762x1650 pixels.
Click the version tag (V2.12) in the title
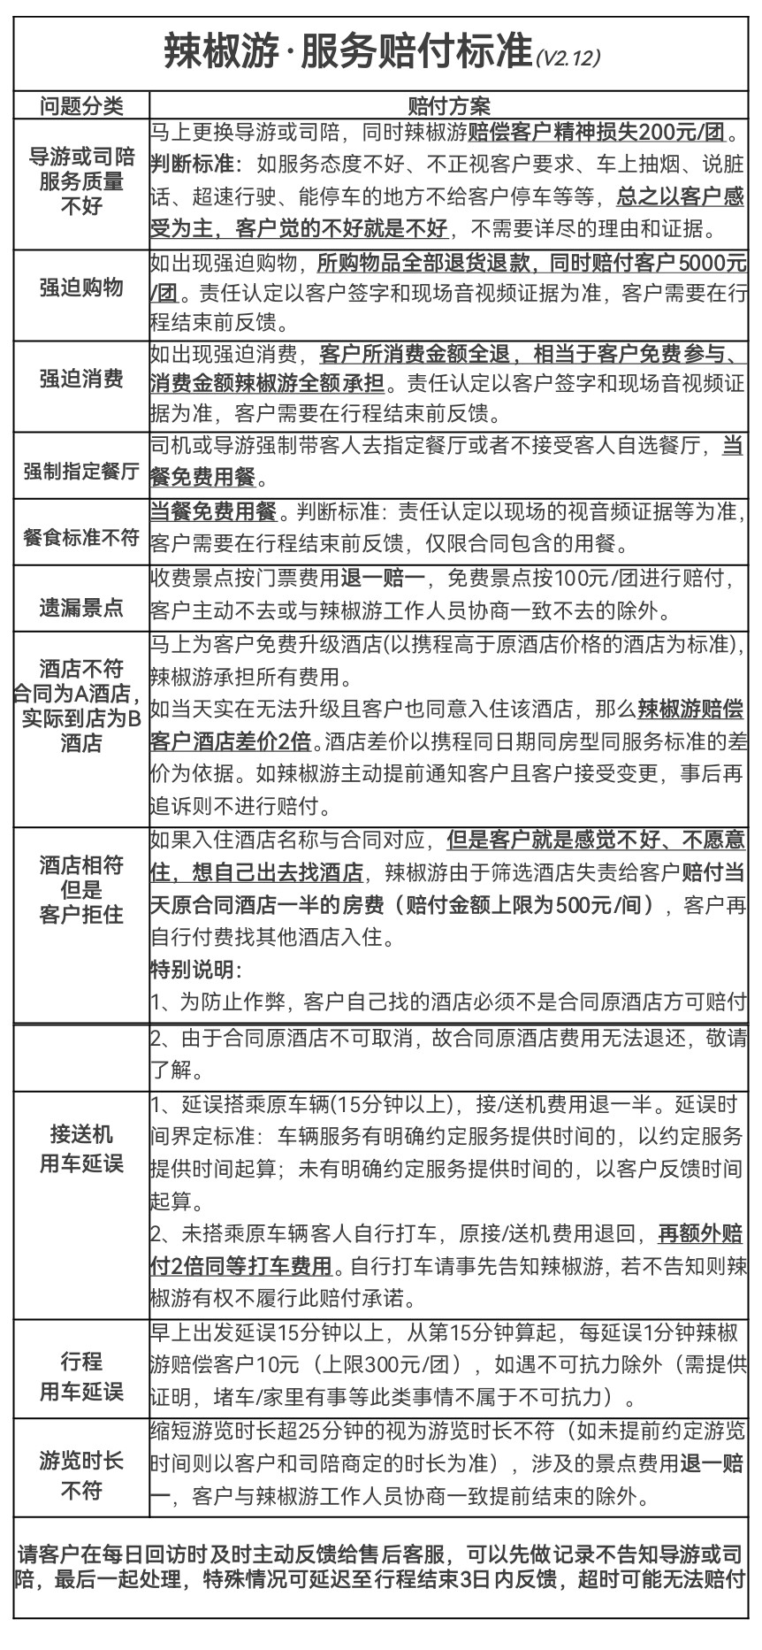coord(568,58)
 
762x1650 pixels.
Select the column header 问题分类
coord(81,105)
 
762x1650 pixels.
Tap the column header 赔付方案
coord(448,105)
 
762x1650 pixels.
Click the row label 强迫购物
coord(81,288)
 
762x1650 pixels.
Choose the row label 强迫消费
coord(81,379)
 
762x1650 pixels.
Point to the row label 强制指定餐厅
coord(81,470)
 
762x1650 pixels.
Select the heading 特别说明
coord(195,970)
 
